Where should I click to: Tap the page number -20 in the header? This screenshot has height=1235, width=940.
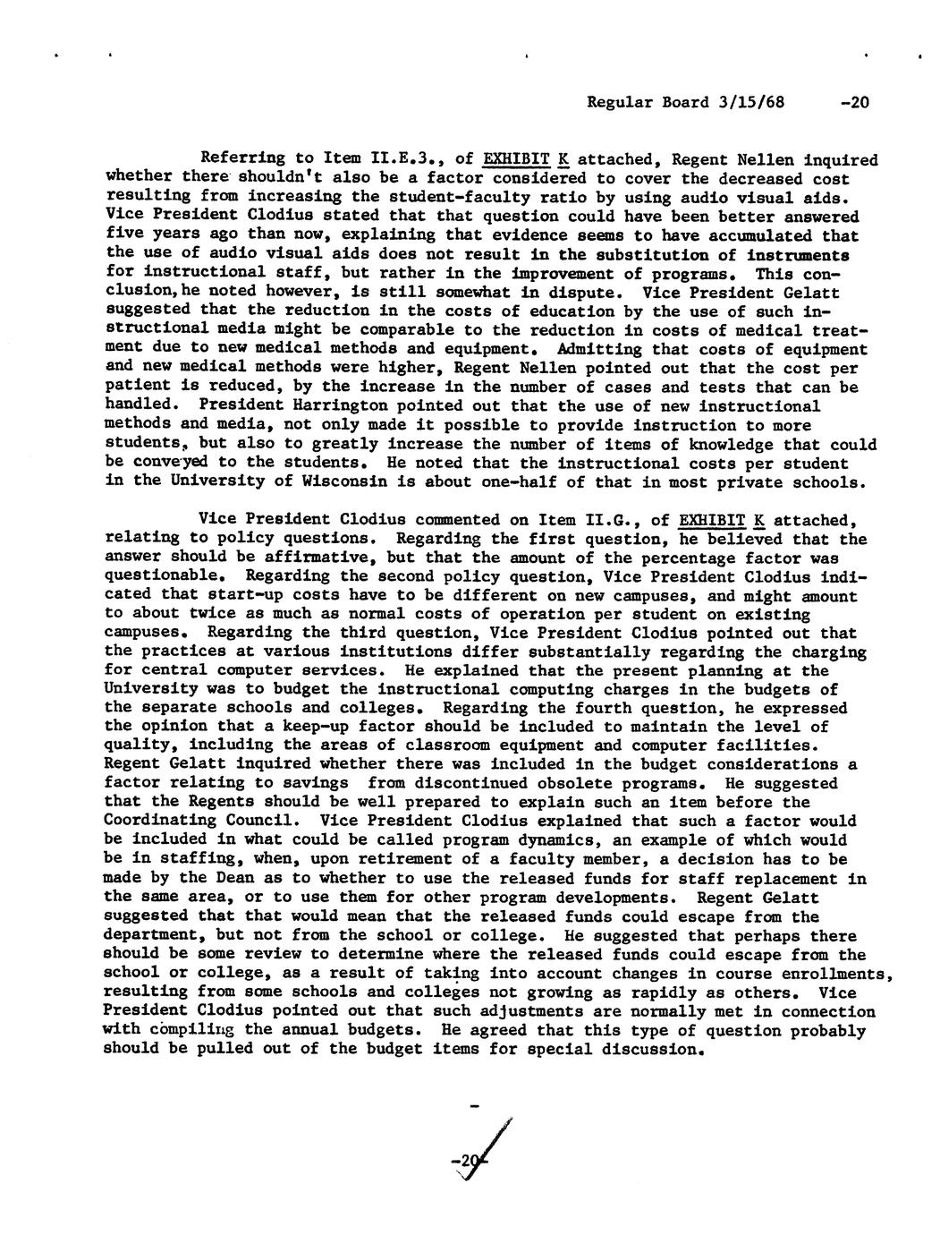[854, 102]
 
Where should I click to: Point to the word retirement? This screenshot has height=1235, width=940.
[433, 859]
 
